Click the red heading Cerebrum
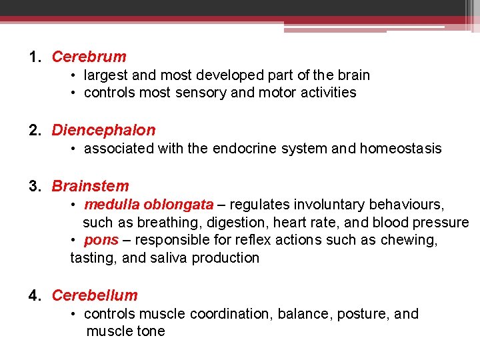click(x=89, y=57)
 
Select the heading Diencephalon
click(x=103, y=130)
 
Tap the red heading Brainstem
click(x=90, y=186)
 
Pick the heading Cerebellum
click(x=95, y=295)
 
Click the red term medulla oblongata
click(x=149, y=204)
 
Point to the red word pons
click(x=101, y=240)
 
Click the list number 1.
click(x=34, y=57)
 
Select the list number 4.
click(x=34, y=295)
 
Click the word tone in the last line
click(x=150, y=331)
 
